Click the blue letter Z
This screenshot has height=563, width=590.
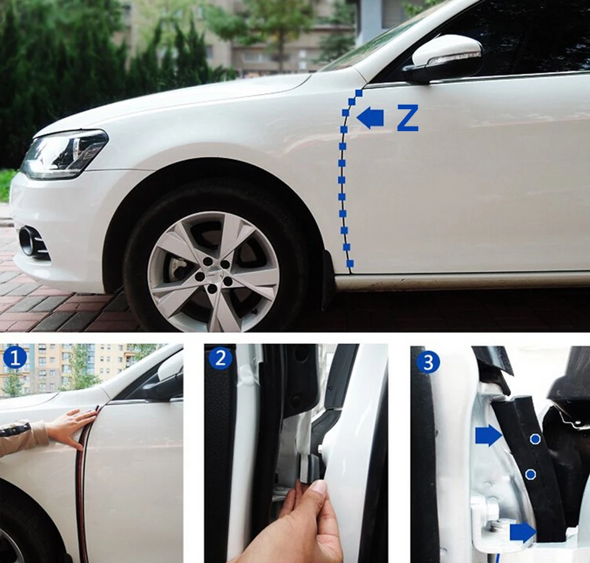(x=407, y=119)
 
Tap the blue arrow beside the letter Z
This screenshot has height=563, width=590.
(x=371, y=118)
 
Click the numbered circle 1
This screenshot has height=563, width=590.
(x=14, y=358)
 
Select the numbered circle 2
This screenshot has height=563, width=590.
(x=220, y=358)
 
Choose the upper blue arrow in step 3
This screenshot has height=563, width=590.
(x=487, y=437)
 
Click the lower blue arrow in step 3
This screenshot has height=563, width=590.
(x=522, y=532)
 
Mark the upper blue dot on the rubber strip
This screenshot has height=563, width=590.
(x=535, y=439)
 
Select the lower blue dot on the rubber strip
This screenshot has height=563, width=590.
(x=530, y=473)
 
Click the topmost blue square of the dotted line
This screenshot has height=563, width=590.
(x=358, y=93)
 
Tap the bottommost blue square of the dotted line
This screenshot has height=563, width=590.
(x=350, y=263)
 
